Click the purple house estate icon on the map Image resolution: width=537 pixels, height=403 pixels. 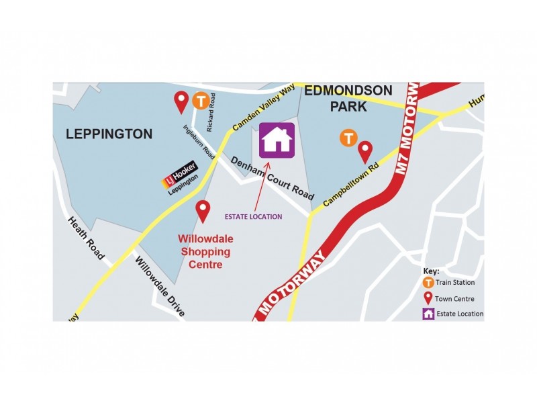[x=277, y=140]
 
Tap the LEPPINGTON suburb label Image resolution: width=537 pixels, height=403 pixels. [x=109, y=134]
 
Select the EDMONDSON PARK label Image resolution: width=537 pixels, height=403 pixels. [x=348, y=98]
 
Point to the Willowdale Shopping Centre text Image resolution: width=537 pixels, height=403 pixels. [x=203, y=251]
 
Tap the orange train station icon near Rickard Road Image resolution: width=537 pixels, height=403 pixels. [x=200, y=101]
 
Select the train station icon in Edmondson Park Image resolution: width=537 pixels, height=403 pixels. [x=348, y=138]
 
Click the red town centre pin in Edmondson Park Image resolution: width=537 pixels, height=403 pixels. [x=365, y=152]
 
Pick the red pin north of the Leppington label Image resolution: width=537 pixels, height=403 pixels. [x=181, y=102]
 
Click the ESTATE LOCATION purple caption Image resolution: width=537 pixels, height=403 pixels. [x=253, y=217]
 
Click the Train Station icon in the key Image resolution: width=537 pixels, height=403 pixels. [x=428, y=283]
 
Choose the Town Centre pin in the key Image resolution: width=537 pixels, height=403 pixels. [x=428, y=298]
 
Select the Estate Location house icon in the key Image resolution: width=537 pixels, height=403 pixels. [x=428, y=314]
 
